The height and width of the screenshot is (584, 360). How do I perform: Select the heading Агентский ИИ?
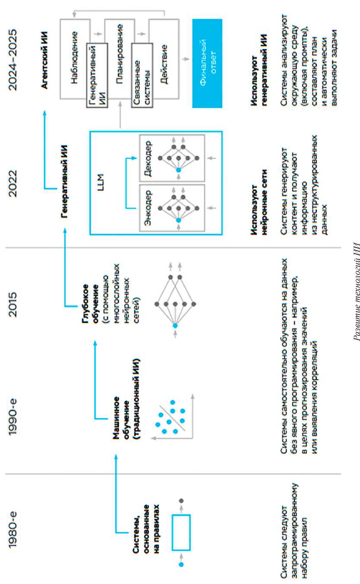click(45, 61)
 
